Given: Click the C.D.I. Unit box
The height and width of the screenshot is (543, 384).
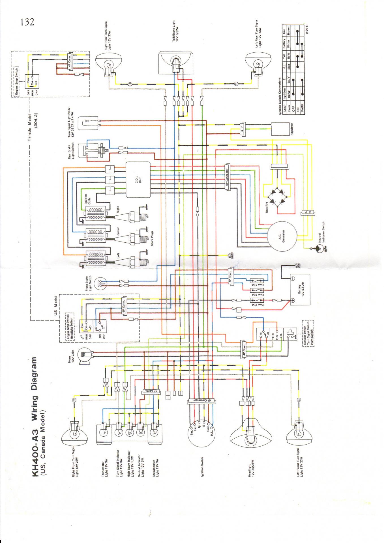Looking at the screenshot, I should pyautogui.click(x=138, y=180).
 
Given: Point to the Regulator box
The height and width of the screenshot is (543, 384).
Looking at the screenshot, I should pyautogui.click(x=280, y=129).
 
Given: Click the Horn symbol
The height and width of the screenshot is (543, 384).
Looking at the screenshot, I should pyautogui.click(x=85, y=355).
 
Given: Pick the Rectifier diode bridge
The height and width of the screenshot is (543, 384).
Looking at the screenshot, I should pyautogui.click(x=277, y=195).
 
